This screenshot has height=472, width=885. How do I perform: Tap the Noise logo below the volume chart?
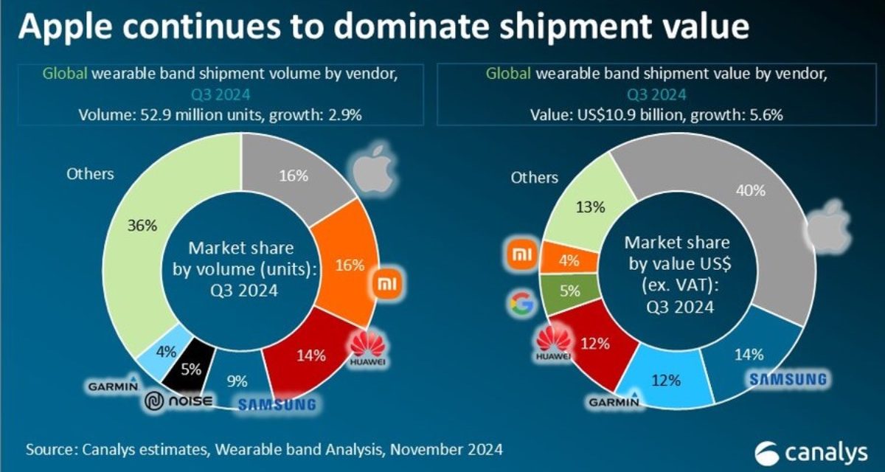coord(178,401)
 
